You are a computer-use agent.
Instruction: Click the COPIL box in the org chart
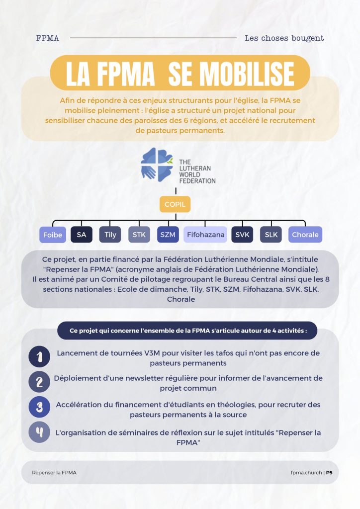pyautogui.click(x=175, y=204)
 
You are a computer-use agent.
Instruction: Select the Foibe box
pyautogui.click(x=53, y=235)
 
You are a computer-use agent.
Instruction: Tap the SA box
pyautogui.click(x=82, y=235)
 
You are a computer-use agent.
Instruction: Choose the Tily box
pyautogui.click(x=110, y=235)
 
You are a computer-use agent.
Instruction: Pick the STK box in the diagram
pyautogui.click(x=139, y=235)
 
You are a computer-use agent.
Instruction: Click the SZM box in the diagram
pyautogui.click(x=168, y=235)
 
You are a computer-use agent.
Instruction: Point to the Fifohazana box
pyautogui.click(x=205, y=235)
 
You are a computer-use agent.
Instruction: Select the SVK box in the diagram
pyautogui.click(x=242, y=235)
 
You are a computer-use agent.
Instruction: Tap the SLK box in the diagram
pyautogui.click(x=271, y=235)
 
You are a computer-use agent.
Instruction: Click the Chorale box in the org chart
pyautogui.click(x=305, y=235)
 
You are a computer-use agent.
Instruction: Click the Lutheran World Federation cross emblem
pyautogui.click(x=157, y=165)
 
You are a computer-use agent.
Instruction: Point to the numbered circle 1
pyautogui.click(x=39, y=357)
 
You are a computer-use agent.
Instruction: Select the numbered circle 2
pyautogui.click(x=39, y=382)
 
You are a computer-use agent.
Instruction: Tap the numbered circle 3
pyautogui.click(x=39, y=407)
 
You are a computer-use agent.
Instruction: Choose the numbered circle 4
pyautogui.click(x=39, y=432)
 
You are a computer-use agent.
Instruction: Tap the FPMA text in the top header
pyautogui.click(x=48, y=38)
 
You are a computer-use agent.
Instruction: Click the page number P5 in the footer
pyautogui.click(x=329, y=473)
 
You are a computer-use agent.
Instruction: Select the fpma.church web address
pyautogui.click(x=306, y=473)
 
